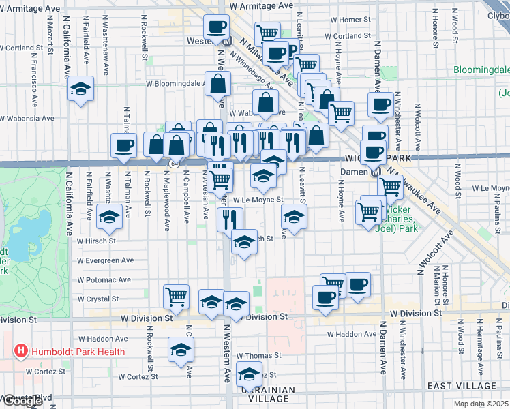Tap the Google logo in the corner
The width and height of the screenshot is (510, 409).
(x=22, y=401)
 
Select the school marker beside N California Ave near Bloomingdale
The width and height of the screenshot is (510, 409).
(x=80, y=89)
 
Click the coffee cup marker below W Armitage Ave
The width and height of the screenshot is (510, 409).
(x=217, y=27)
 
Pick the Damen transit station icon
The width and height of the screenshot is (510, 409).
(x=376, y=172)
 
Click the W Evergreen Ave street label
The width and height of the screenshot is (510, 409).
(x=105, y=260)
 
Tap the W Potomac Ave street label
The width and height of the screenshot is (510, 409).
(x=104, y=280)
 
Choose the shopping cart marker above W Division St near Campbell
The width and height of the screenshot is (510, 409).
(x=176, y=297)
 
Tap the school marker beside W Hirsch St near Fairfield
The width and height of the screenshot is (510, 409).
(x=108, y=218)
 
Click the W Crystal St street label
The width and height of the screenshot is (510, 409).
(x=98, y=299)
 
